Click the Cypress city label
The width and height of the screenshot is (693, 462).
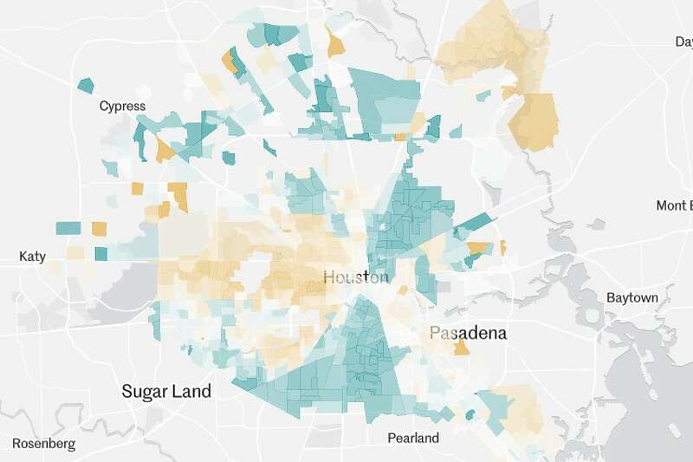(x=122, y=107)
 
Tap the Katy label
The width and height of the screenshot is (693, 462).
(x=32, y=257)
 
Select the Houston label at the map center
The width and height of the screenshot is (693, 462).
(x=356, y=277)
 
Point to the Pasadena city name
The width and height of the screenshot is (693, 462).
(x=468, y=333)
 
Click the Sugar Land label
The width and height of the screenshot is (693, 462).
(x=165, y=391)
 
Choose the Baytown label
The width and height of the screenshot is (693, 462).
(x=631, y=297)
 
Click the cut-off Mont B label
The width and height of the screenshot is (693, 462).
(x=674, y=205)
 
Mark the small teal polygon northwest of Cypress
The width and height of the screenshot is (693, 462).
(x=85, y=85)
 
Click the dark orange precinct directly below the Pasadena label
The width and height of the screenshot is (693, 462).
(x=462, y=348)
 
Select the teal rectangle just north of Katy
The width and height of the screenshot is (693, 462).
(x=68, y=228)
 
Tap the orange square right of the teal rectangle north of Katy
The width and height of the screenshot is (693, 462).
(x=100, y=229)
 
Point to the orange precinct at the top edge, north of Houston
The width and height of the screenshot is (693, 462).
(x=335, y=42)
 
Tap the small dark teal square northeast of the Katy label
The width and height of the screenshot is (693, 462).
(x=101, y=254)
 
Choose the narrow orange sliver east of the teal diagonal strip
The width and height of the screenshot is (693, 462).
(x=502, y=247)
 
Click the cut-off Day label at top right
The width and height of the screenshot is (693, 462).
(x=683, y=42)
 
